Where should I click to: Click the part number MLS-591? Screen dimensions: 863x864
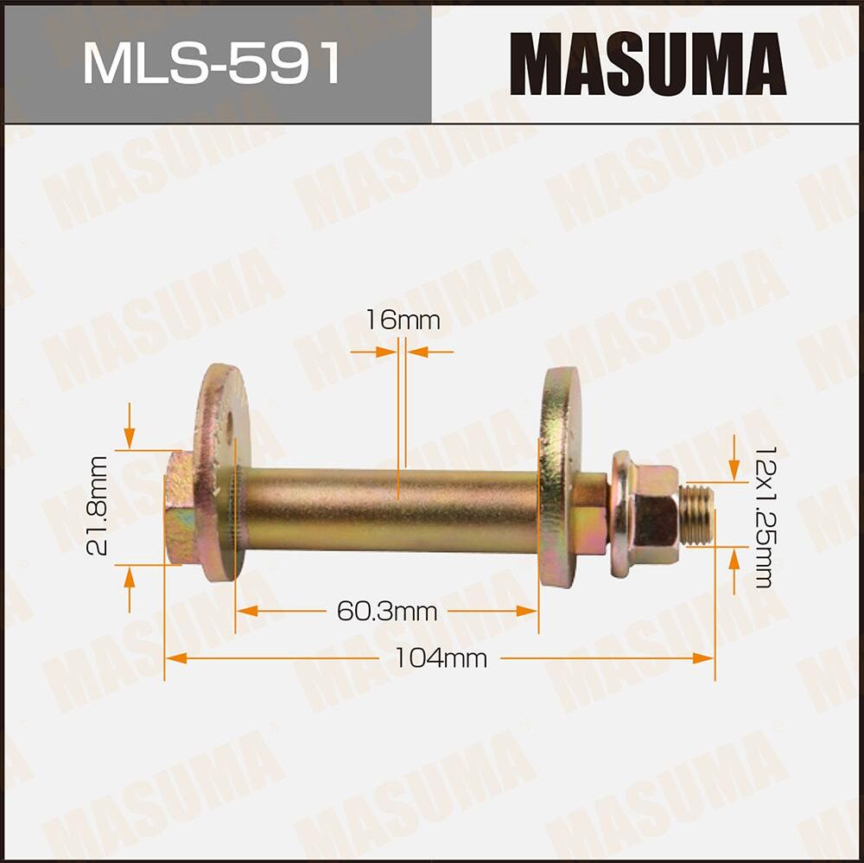click(212, 62)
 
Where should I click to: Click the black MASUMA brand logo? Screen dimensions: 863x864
click(647, 63)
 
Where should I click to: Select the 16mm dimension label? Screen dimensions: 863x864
click(402, 320)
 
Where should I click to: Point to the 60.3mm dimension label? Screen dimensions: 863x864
click(386, 612)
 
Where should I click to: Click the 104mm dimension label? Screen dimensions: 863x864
click(441, 658)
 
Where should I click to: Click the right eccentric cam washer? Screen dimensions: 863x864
click(560, 475)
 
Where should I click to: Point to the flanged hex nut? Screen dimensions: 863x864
click(644, 514)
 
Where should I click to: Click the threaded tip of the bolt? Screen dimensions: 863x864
click(696, 514)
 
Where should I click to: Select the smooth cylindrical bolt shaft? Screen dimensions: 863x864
click(389, 510)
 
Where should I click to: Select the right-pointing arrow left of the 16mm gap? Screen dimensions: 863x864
click(385, 352)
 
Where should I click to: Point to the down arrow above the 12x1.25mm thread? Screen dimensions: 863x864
click(733, 471)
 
